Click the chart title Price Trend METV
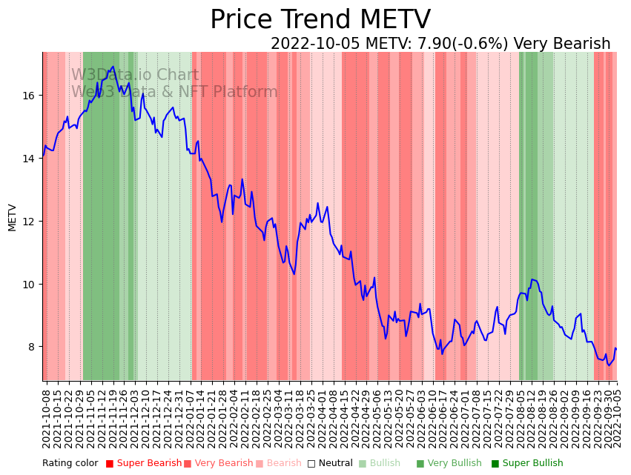(320, 20)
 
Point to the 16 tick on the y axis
(33, 96)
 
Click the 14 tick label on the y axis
(33, 159)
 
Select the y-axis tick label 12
(33, 222)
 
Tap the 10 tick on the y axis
(33, 285)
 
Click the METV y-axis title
(13, 217)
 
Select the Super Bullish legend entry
(532, 464)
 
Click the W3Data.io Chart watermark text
(135, 76)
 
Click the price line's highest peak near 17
(113, 67)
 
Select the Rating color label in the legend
(70, 464)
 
